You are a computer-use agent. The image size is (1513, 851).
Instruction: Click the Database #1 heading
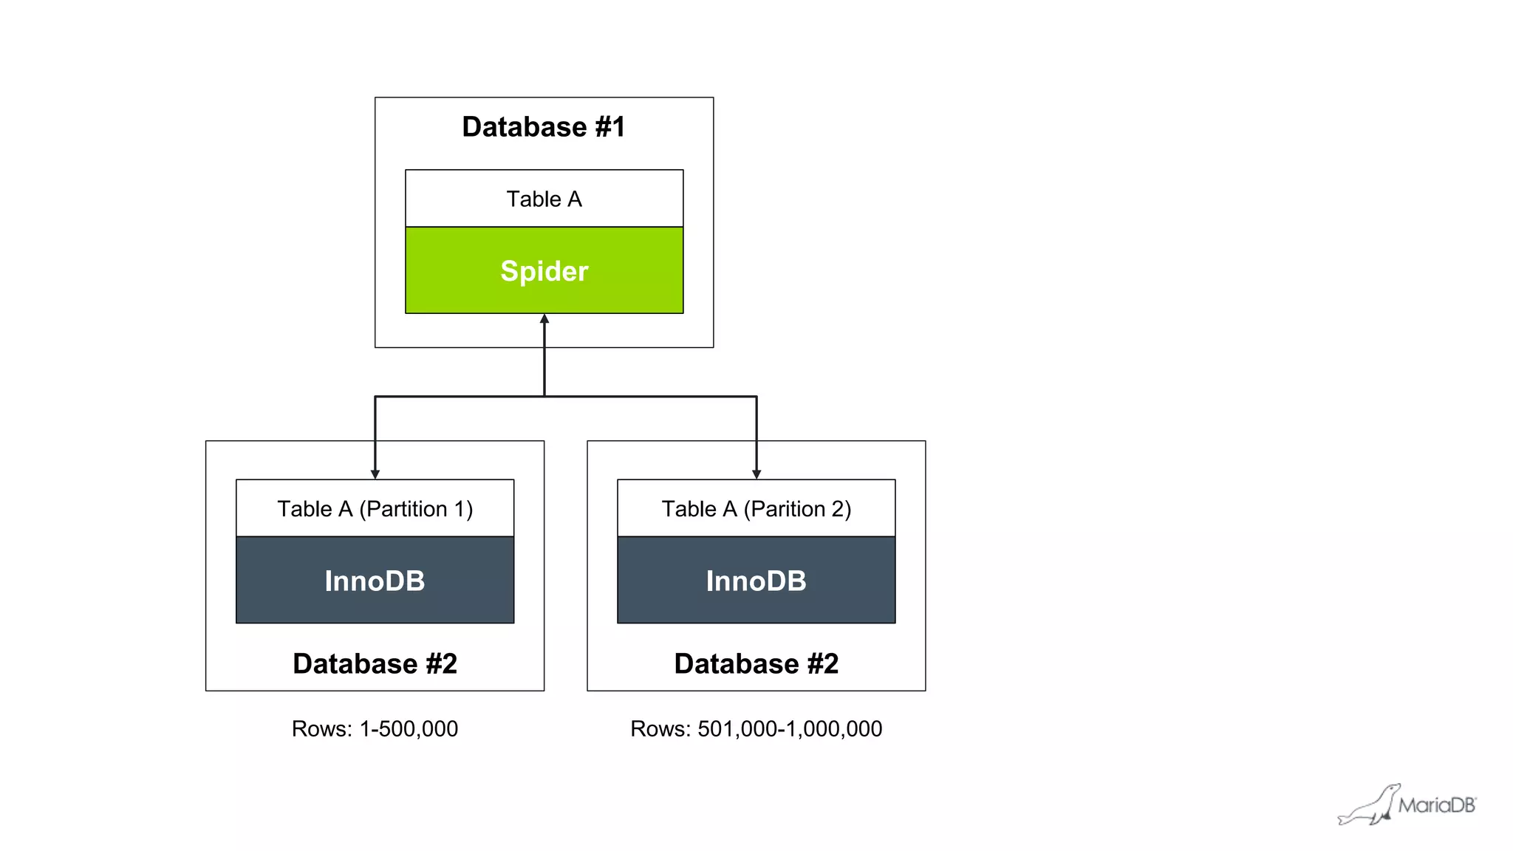[x=544, y=127]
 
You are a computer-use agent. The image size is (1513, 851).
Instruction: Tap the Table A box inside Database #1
[x=544, y=199]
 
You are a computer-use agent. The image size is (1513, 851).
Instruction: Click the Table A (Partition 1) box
[x=375, y=508]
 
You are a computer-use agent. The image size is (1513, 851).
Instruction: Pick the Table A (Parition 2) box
[x=756, y=508]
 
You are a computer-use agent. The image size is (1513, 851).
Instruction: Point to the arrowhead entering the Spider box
[x=544, y=319]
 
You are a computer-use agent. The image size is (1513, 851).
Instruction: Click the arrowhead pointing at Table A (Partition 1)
[x=375, y=474]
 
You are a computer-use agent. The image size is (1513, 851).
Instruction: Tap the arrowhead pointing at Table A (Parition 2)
[x=756, y=474]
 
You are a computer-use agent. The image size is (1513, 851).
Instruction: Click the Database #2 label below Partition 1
[x=375, y=663]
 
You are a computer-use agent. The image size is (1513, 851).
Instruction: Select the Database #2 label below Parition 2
[x=756, y=663]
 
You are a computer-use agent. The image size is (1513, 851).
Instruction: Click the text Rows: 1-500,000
[x=375, y=729]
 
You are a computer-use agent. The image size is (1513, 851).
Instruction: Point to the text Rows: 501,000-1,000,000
[x=756, y=729]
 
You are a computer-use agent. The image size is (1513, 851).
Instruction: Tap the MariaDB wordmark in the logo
[x=1436, y=805]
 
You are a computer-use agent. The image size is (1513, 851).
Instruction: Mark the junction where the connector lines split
[x=544, y=397]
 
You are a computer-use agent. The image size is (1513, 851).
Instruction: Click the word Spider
[x=544, y=271]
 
